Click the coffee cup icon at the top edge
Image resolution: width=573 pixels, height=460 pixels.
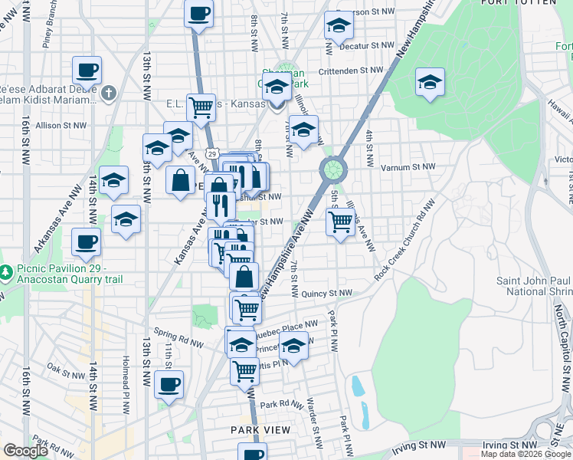[x=199, y=14]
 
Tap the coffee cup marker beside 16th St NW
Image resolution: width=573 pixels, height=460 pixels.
[x=87, y=71]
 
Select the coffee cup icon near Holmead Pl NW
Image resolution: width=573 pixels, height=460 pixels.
[x=169, y=384]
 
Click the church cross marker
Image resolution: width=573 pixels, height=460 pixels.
[x=109, y=94]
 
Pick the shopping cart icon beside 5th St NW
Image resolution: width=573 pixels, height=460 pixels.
[x=340, y=222]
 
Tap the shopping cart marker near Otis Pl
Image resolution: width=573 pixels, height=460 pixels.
[x=244, y=370]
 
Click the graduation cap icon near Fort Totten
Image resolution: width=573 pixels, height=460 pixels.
[x=430, y=82]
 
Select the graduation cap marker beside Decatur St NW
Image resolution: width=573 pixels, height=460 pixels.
[x=338, y=26]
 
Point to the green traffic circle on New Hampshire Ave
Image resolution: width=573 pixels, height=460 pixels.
[x=332, y=167]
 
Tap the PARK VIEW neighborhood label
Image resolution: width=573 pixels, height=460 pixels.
[x=261, y=430]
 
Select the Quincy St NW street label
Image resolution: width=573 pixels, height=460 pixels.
[x=326, y=293]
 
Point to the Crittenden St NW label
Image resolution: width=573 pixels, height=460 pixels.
[x=350, y=70]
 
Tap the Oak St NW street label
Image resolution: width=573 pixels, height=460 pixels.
[x=64, y=367]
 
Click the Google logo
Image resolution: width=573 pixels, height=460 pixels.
[x=25, y=452]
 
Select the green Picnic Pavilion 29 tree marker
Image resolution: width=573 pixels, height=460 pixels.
[x=5, y=272]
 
